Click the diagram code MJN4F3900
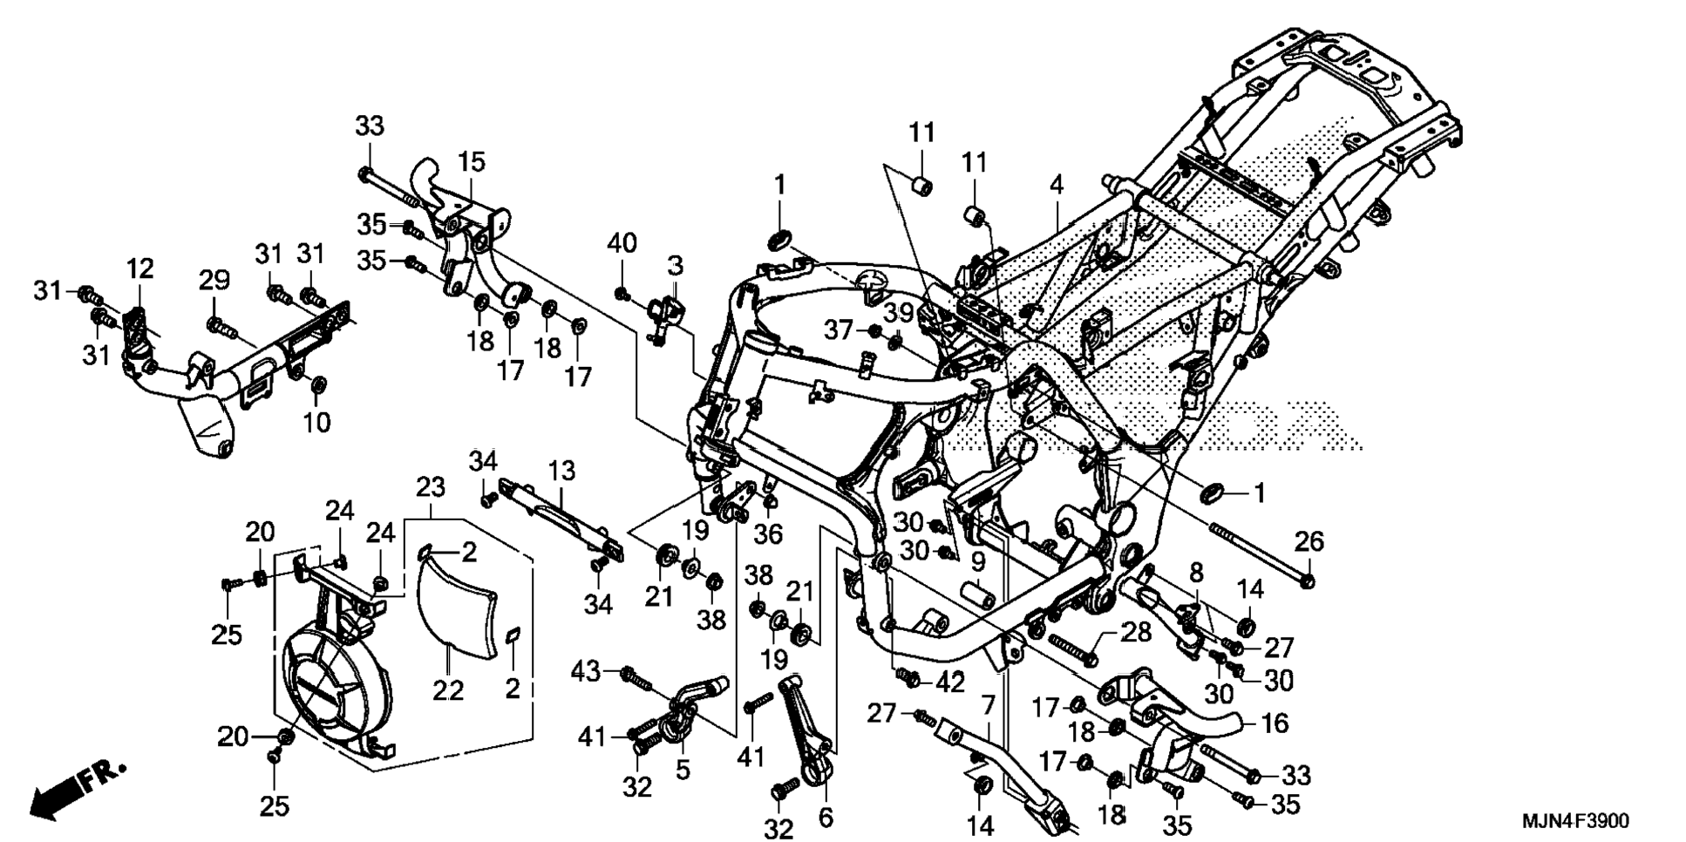[1574, 821]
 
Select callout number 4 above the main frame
[1057, 185]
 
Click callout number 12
[139, 268]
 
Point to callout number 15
[472, 162]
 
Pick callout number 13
[562, 472]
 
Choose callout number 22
[449, 690]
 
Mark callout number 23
[431, 487]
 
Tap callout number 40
[622, 243]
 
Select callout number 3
[676, 265]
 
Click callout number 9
[978, 562]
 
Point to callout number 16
[1275, 723]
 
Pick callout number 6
[826, 818]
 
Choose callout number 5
[683, 770]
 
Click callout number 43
[587, 671]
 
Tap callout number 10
[317, 422]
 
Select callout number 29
[214, 281]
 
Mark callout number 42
[949, 682]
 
